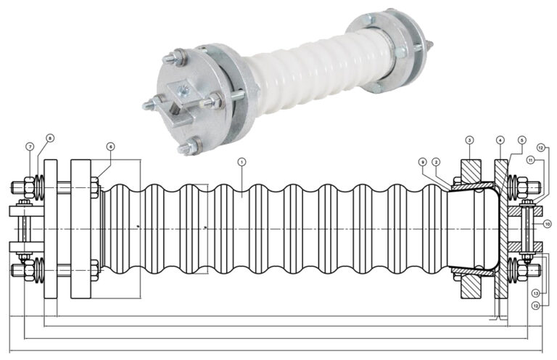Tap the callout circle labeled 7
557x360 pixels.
pyautogui.click(x=30, y=147)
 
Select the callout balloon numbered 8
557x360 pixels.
pyautogui.click(x=50, y=137)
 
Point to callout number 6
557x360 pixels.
pyautogui.click(x=110, y=146)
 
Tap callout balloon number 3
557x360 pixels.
pyautogui.click(x=469, y=139)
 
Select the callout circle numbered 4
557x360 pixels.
pyautogui.click(x=500, y=139)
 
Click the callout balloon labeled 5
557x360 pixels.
pyautogui.click(x=521, y=139)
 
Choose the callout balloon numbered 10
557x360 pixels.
pyautogui.click(x=548, y=224)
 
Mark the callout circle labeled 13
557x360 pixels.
pyautogui.click(x=537, y=292)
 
